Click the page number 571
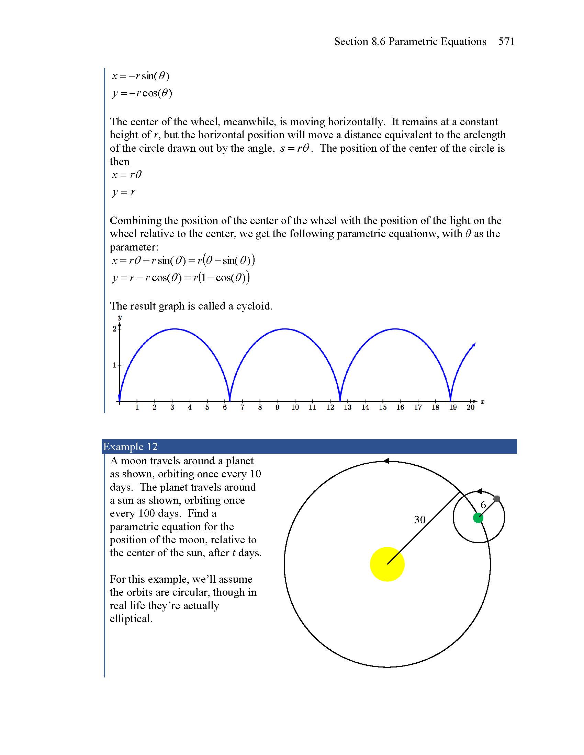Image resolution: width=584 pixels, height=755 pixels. coord(506,42)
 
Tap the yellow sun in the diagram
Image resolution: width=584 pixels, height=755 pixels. coord(387,564)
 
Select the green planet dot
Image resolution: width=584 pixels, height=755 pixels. coord(478,518)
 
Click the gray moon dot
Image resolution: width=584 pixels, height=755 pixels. coord(497,499)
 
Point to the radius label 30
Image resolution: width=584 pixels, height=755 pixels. coord(420,520)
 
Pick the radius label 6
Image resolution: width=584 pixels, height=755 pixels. coord(483,505)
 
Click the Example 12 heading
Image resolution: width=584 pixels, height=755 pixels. coord(131,446)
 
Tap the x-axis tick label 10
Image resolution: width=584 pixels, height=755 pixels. coord(295,408)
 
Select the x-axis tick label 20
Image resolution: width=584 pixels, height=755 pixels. coord(471,408)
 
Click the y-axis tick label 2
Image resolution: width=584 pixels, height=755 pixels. coord(114,329)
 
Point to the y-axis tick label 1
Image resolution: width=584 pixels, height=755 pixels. coord(114,365)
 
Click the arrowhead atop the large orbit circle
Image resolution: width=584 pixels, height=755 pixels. coord(386,461)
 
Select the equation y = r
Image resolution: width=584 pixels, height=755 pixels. coord(124,192)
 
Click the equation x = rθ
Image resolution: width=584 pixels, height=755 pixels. coord(127,175)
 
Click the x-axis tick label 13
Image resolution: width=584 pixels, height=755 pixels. coord(347,408)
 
